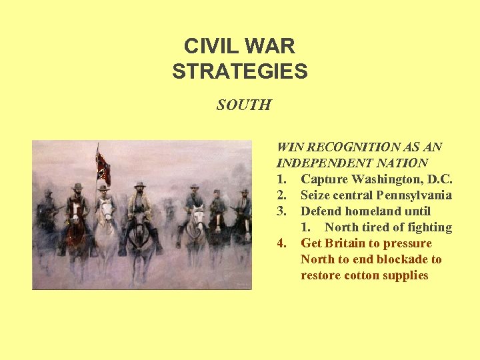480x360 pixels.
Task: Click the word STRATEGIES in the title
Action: coord(240,71)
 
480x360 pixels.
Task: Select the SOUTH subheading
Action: coord(243,105)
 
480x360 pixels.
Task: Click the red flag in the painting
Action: coord(103,167)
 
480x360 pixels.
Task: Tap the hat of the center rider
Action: coord(139,184)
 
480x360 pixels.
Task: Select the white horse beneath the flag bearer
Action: coord(106,220)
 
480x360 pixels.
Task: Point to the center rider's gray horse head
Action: coord(141,223)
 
